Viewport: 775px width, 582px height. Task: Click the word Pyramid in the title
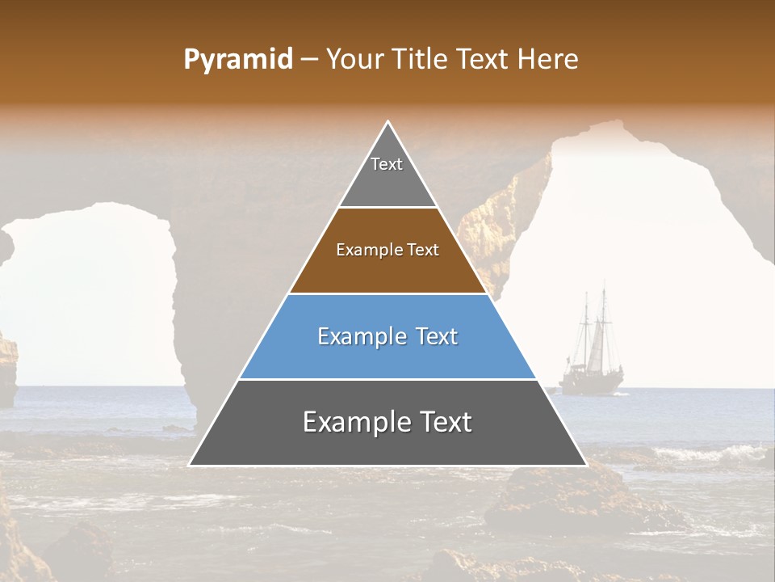(238, 60)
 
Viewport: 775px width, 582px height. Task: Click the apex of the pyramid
(388, 123)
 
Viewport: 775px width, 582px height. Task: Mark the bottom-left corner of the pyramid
(191, 465)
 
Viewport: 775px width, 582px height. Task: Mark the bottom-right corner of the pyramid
(585, 465)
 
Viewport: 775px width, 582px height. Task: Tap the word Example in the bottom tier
(352, 423)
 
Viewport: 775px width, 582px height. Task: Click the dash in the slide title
(308, 60)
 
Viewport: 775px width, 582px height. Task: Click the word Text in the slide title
(483, 59)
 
